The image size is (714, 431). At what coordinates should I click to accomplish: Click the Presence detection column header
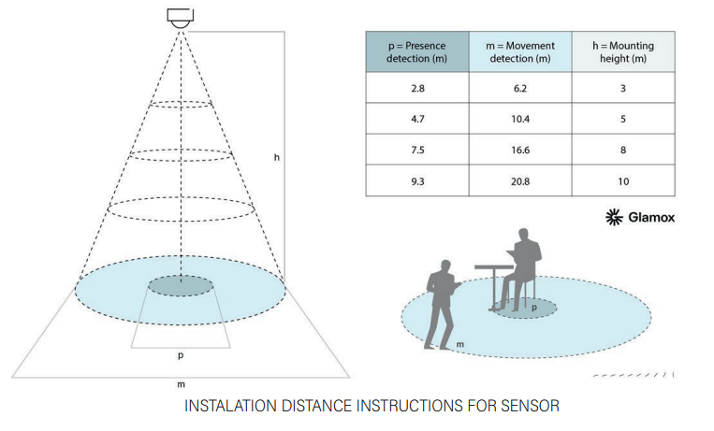(x=416, y=51)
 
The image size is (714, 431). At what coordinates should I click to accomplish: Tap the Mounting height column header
(x=623, y=51)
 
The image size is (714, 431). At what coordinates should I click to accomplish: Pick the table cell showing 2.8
(x=416, y=88)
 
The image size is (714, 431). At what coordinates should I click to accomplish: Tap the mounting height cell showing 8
(x=623, y=150)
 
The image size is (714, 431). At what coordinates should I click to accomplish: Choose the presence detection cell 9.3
(x=416, y=181)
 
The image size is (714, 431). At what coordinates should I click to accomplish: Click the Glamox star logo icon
(x=614, y=218)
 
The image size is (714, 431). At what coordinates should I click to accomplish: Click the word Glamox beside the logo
(x=651, y=218)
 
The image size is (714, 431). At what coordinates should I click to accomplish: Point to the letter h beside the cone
(x=276, y=158)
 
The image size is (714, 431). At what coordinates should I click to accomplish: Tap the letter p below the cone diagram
(x=181, y=356)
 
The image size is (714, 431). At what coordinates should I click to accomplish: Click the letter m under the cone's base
(x=181, y=384)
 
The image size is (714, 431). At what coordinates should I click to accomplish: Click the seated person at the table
(x=521, y=266)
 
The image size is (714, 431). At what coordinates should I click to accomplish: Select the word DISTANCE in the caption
(x=301, y=407)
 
